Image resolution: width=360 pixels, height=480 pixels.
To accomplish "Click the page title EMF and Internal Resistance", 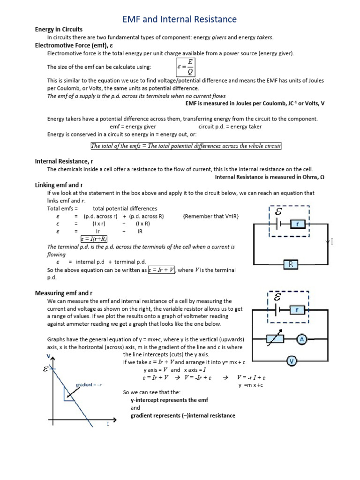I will pos(180,19).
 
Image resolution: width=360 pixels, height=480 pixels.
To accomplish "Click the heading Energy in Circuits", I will pos(58,30).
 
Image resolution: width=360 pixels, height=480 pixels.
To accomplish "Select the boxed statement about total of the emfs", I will pos(186,146).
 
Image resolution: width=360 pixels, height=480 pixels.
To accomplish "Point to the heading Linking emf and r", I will pos(59,185).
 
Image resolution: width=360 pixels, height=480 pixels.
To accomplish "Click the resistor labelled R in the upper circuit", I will pos(290,265).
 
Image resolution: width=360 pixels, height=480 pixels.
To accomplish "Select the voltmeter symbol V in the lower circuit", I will pos(292,361).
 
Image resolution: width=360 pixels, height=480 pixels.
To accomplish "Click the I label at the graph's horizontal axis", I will pos(108,424).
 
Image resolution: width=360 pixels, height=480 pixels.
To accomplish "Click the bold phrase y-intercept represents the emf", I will pos(170,400).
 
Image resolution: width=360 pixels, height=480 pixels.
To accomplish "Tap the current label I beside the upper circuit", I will pos(331,242).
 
